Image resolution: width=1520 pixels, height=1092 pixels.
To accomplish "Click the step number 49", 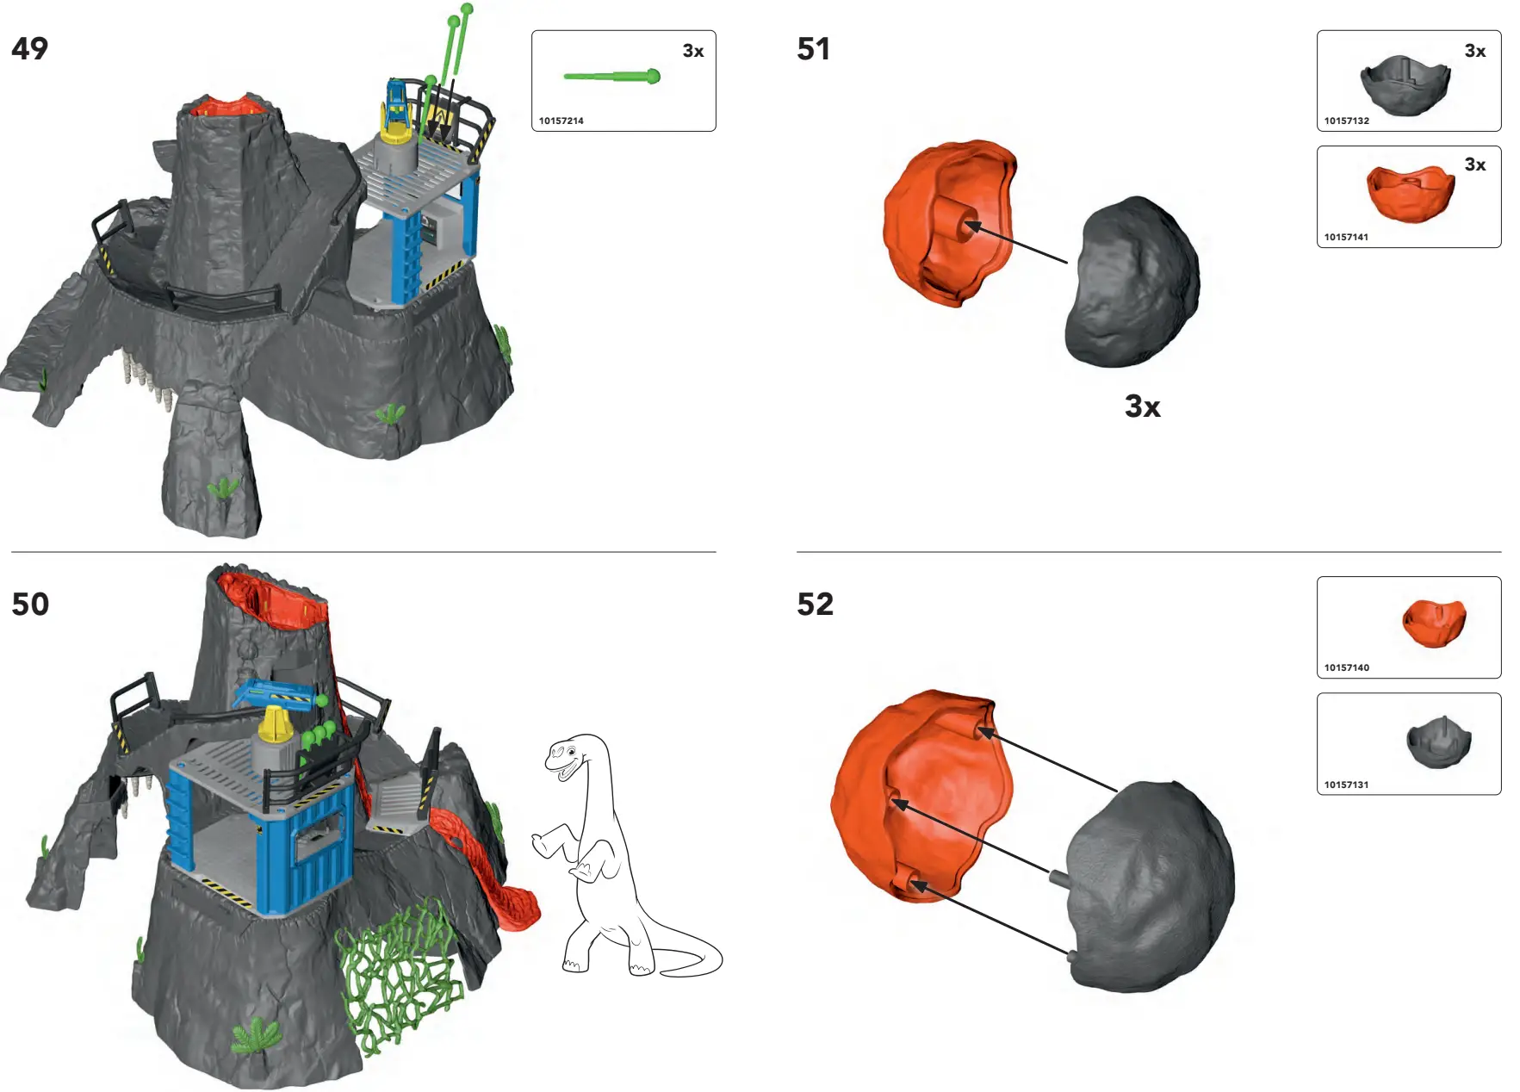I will [30, 49].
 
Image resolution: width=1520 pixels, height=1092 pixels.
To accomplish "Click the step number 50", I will [30, 605].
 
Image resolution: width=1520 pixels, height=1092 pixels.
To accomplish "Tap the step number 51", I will [814, 49].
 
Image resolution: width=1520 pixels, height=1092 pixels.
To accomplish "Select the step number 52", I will [815, 605].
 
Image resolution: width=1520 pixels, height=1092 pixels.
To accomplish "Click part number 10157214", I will [561, 121].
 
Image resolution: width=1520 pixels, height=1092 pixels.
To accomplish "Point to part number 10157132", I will [1346, 121].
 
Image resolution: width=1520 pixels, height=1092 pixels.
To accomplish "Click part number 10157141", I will [1346, 238].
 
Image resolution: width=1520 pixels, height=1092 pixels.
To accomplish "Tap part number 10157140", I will [1346, 668].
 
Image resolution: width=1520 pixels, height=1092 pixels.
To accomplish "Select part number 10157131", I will [1346, 785].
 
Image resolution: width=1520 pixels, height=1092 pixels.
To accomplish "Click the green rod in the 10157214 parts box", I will [611, 78].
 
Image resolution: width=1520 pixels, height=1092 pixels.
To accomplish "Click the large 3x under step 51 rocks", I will [1142, 406].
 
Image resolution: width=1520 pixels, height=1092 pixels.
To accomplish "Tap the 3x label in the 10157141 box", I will [1474, 165].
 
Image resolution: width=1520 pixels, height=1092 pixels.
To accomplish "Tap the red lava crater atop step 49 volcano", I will [228, 107].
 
